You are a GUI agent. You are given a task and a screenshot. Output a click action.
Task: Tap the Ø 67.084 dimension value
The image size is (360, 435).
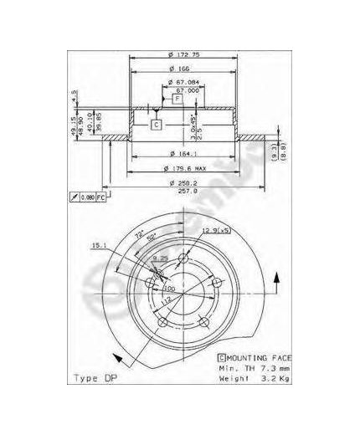pos(182,81)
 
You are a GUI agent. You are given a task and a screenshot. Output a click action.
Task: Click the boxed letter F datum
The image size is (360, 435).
pos(178,99)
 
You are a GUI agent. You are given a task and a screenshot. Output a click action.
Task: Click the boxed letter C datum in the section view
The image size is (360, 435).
pos(156,125)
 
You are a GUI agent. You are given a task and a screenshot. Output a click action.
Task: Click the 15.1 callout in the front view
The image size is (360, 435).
pos(98,245)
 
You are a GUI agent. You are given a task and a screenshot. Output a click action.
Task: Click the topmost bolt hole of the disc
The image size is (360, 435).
pos(158,271)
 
